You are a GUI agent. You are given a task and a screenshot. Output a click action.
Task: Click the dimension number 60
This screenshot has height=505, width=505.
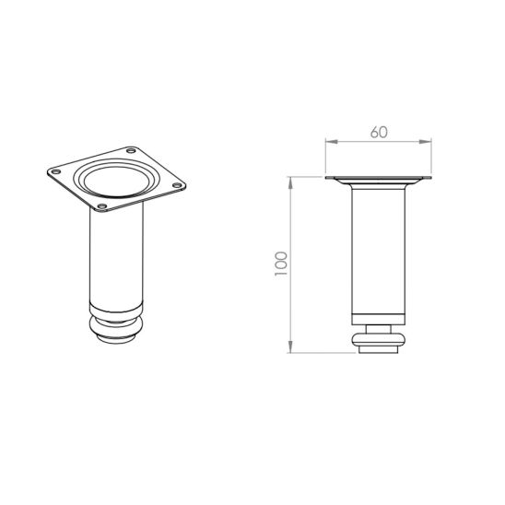click(x=379, y=133)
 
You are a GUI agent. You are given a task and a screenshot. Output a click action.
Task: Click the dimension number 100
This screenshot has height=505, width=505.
click(x=280, y=264)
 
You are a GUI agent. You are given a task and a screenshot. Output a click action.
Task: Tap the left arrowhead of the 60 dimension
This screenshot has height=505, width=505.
click(x=332, y=141)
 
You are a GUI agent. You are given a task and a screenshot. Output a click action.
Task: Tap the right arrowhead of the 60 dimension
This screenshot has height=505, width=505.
click(x=425, y=141)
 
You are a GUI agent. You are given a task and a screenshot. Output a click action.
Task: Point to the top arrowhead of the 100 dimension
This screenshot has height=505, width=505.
click(x=290, y=182)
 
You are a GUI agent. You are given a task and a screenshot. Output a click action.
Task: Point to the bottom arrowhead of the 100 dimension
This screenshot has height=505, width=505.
click(x=290, y=346)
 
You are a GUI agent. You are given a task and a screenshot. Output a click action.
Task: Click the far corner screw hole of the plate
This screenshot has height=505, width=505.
click(x=131, y=150)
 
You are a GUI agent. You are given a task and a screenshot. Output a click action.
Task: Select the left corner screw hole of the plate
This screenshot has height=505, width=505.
click(x=56, y=171)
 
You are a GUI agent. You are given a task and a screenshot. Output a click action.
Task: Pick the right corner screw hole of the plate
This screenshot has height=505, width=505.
click(x=177, y=185)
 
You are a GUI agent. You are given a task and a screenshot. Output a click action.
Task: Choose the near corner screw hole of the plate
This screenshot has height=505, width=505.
click(x=102, y=206)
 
